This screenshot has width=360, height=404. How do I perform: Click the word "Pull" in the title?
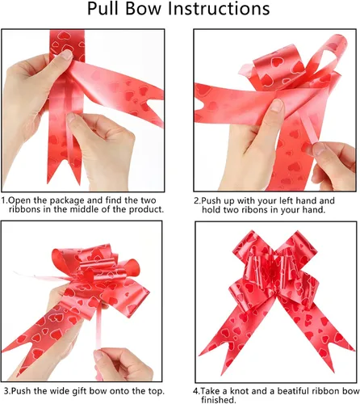103,9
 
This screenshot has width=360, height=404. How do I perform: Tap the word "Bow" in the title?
144,9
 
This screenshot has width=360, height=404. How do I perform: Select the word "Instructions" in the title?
219,9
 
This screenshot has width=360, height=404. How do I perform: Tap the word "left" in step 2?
290,201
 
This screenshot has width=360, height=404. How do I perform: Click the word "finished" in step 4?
218,400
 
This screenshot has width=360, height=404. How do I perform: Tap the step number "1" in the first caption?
3,201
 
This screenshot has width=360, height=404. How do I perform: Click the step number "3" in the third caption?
6,391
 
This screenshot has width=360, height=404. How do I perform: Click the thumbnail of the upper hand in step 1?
66,55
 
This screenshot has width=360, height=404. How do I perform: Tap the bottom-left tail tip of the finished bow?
222,375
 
